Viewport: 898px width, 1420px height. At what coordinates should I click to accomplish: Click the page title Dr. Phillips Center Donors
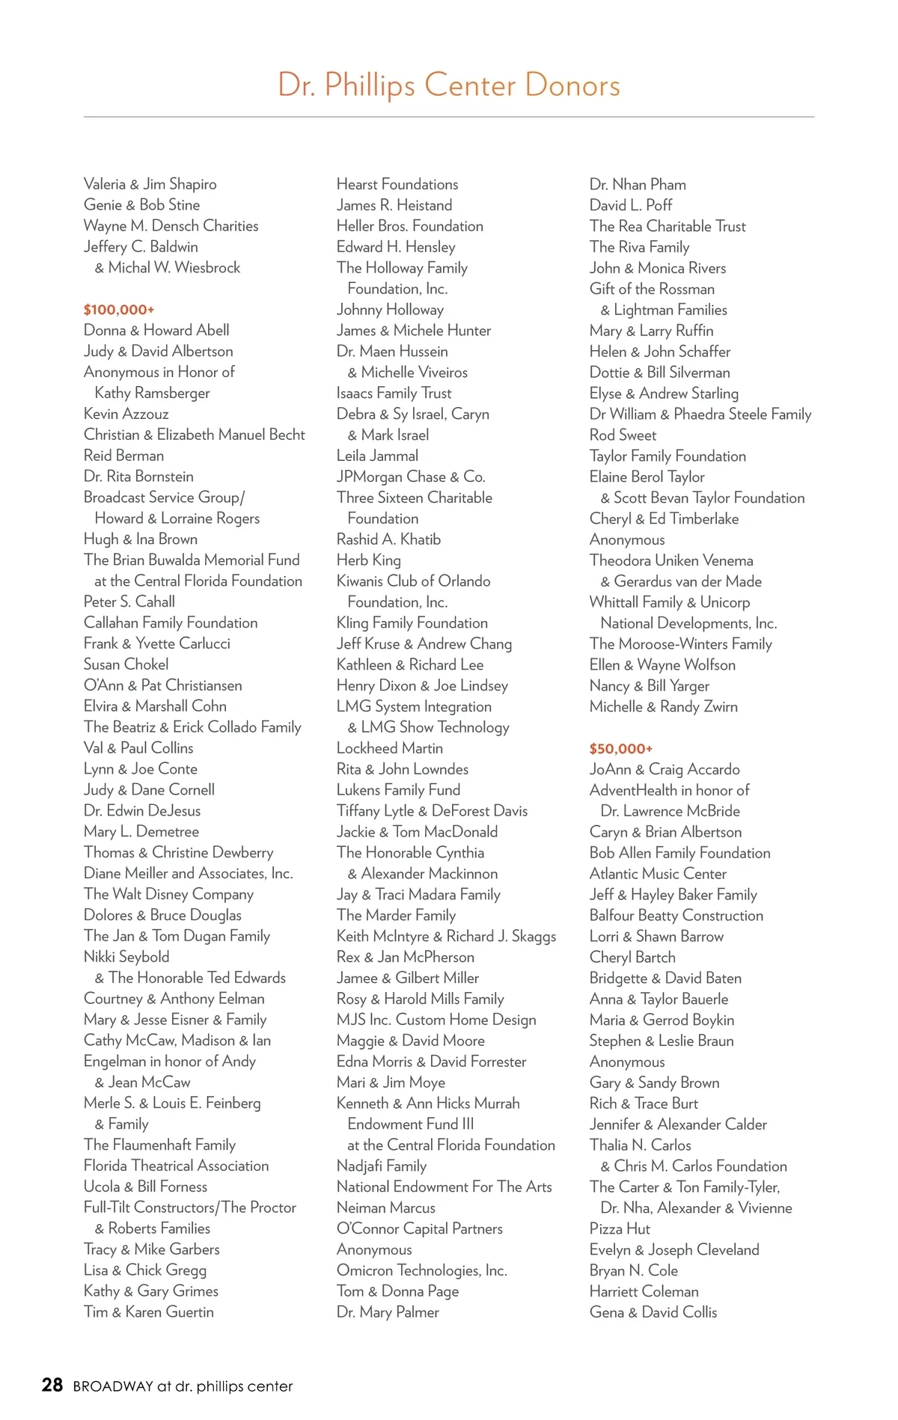point(449,85)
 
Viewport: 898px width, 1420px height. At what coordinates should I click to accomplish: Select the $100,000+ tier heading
point(119,310)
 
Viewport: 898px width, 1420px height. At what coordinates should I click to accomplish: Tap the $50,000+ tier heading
point(620,749)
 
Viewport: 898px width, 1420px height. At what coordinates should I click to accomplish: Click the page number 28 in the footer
point(52,1385)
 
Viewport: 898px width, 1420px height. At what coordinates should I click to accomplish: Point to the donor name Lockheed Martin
point(389,748)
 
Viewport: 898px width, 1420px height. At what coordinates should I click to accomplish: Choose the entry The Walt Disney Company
point(168,894)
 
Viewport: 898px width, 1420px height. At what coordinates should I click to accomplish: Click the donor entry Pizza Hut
point(620,1228)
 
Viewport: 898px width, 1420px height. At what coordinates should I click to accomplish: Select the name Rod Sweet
point(623,435)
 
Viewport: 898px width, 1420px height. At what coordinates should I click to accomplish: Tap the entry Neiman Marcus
point(385,1208)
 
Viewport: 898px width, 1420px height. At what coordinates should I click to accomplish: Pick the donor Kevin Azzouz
point(126,414)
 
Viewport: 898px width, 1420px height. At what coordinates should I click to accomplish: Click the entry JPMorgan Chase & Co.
point(411,477)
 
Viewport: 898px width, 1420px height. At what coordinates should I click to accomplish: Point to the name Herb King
point(368,560)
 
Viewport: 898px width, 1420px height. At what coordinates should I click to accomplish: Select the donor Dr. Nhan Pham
point(638,184)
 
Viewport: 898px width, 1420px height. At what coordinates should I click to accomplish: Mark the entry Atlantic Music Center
point(658,874)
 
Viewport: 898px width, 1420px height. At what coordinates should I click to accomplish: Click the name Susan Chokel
point(126,664)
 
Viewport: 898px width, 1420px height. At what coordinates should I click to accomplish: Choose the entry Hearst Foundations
point(397,184)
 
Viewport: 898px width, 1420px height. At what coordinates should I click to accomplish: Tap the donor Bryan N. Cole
point(633,1270)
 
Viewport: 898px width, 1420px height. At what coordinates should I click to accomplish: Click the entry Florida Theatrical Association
point(176,1166)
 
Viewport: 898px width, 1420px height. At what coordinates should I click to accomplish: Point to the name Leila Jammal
point(377,456)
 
